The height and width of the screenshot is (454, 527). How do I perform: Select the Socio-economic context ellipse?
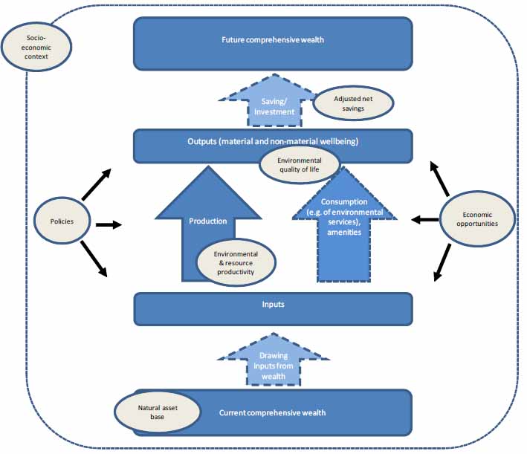pos(37,44)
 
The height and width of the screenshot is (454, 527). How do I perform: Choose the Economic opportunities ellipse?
pos(477,220)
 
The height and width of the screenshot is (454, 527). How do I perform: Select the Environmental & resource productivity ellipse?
pos(235,262)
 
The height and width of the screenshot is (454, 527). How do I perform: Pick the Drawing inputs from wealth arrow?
pos(274,365)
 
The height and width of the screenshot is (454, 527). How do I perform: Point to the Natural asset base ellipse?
pos(158,412)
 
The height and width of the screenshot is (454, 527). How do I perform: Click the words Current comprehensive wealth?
pos(272,413)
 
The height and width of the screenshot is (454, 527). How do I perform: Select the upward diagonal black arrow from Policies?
pos(97,184)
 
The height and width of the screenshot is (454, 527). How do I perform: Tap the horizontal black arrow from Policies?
pos(108,223)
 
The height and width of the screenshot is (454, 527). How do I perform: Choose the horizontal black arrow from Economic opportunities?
pos(426,219)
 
